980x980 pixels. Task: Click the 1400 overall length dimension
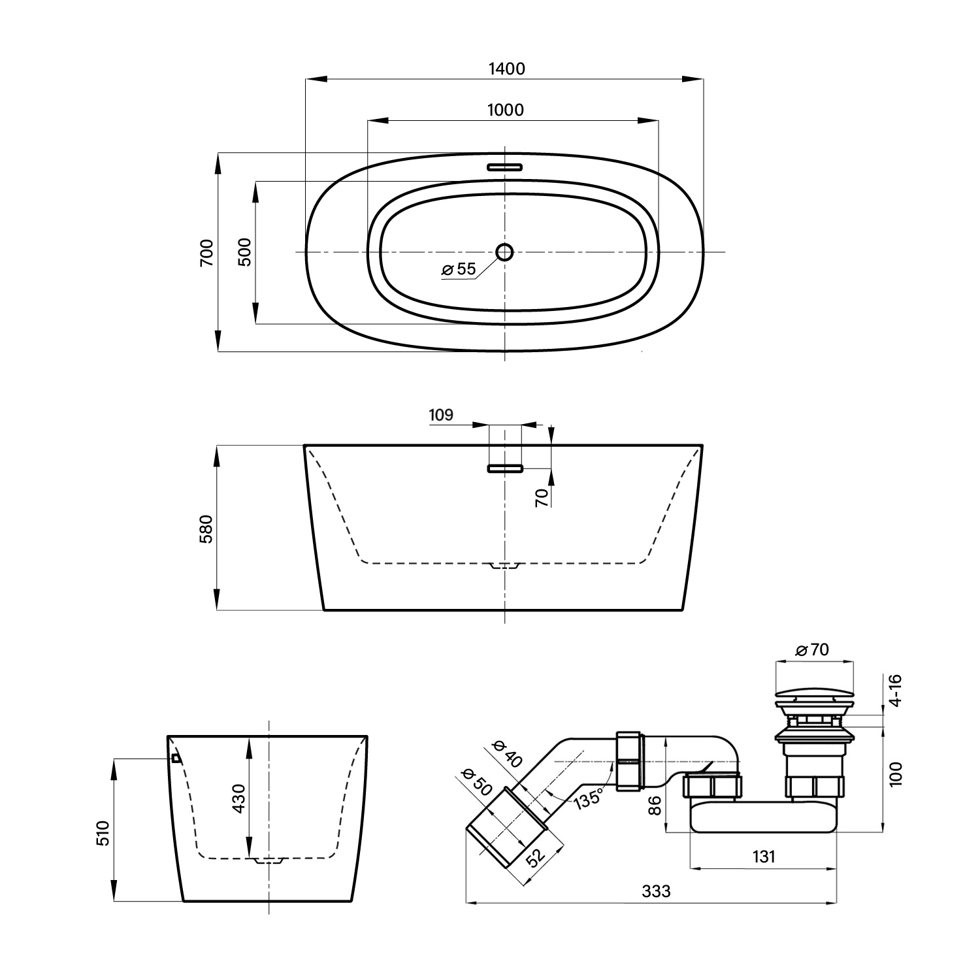tap(506, 69)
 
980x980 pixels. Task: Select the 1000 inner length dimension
tap(506, 110)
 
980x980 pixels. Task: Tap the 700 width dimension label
tap(206, 252)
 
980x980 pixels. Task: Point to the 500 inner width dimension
tap(245, 252)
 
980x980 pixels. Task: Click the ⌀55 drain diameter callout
tap(459, 269)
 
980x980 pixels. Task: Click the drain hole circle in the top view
tap(504, 252)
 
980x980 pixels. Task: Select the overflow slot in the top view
tap(505, 166)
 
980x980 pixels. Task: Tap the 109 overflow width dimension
tap(441, 416)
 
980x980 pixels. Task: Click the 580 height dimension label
tap(206, 529)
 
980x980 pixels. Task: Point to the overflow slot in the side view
tap(505, 468)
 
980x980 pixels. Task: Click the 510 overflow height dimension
tap(104, 833)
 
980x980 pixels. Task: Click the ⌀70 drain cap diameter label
tap(812, 650)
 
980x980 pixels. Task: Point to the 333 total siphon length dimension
tap(656, 891)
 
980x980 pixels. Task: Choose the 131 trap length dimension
tap(763, 856)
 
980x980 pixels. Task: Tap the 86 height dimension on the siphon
tap(657, 805)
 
